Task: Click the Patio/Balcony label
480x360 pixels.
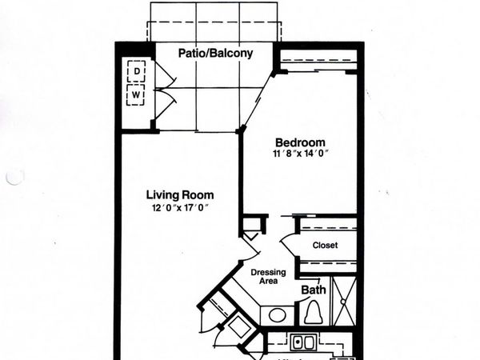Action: tap(215, 54)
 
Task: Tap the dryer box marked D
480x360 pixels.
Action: tap(138, 72)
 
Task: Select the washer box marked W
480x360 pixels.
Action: tap(138, 95)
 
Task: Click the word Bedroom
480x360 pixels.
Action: tap(300, 138)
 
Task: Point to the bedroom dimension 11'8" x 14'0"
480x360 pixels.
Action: tap(300, 152)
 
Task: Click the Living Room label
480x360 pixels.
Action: tap(180, 195)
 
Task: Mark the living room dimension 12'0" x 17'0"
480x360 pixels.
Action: tap(180, 209)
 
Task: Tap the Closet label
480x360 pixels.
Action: tap(326, 245)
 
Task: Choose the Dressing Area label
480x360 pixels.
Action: tap(269, 278)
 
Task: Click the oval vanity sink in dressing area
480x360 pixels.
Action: tap(277, 314)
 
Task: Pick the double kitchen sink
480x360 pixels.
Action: tap(302, 344)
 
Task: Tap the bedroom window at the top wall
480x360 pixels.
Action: tap(318, 62)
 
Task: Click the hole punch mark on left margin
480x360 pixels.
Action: tap(14, 177)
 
